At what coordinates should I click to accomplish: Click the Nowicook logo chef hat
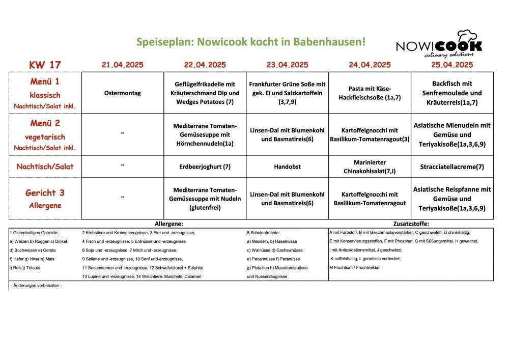tap(467, 37)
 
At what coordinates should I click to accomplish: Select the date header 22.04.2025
tap(205, 65)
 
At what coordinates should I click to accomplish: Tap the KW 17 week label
tap(45, 65)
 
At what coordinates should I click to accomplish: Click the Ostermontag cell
tap(122, 93)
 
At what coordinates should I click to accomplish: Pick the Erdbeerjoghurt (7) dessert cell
tap(205, 167)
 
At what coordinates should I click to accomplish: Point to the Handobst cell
tap(288, 167)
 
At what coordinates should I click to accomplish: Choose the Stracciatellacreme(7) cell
tap(452, 167)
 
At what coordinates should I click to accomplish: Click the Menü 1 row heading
tap(45, 81)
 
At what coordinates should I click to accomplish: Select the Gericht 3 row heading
tap(45, 192)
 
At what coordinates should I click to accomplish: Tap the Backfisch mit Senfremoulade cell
tap(452, 93)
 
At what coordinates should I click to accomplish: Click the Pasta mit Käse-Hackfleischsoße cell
tap(370, 93)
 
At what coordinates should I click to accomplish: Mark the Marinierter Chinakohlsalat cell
tap(370, 166)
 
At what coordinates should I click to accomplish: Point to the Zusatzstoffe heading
tap(411, 224)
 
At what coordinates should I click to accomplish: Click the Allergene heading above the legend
tap(168, 224)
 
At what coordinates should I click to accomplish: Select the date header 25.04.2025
tap(452, 65)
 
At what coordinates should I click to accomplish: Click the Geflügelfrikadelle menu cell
tap(205, 93)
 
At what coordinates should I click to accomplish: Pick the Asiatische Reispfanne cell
tap(452, 199)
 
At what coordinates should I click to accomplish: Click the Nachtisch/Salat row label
tap(45, 167)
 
